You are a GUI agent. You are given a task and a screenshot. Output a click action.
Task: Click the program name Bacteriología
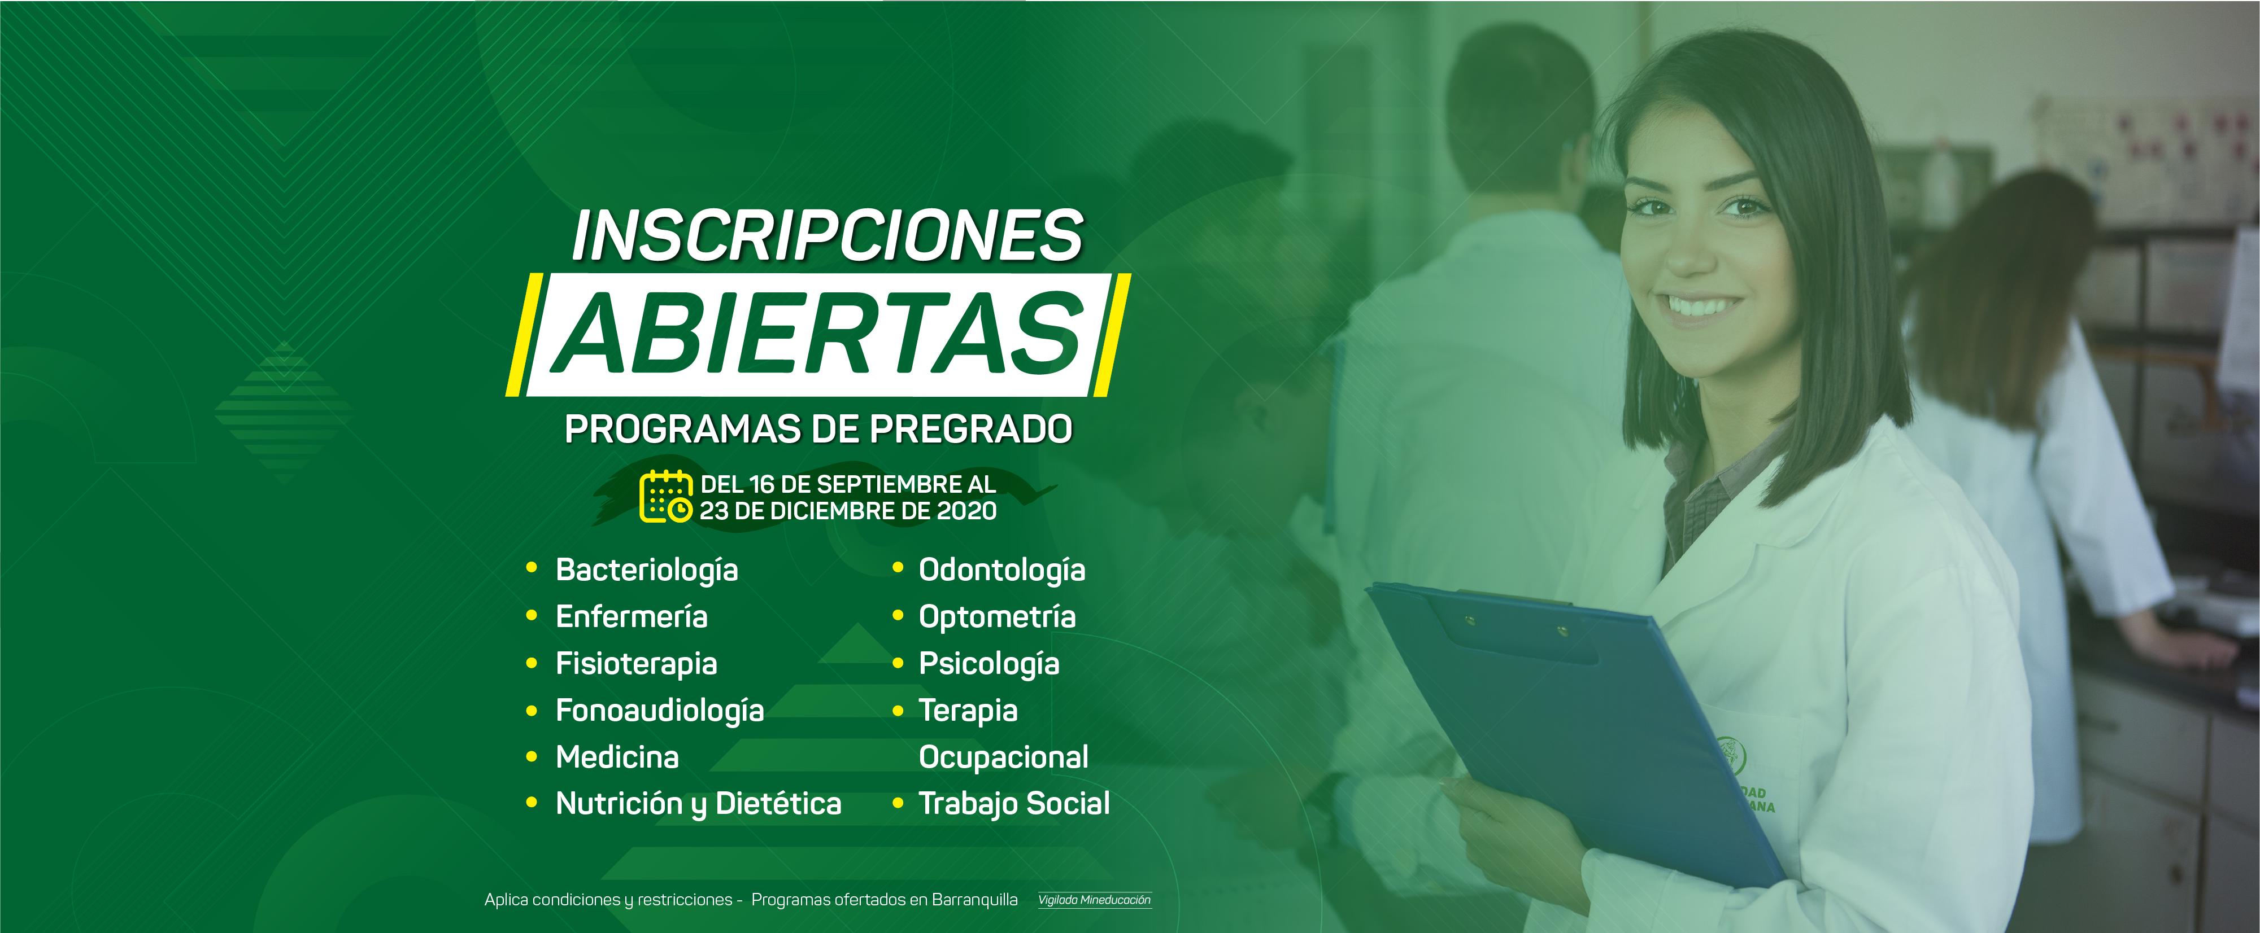(647, 571)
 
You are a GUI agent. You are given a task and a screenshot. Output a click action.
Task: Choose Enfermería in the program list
(632, 616)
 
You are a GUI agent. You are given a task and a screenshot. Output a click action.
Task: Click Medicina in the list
(617, 757)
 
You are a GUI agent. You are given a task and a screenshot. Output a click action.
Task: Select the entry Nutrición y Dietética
(698, 804)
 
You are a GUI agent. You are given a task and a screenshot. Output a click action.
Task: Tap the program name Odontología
(1002, 571)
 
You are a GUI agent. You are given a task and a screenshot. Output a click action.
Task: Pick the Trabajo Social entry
(1014, 804)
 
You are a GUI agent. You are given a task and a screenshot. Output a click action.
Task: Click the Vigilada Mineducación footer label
(1094, 900)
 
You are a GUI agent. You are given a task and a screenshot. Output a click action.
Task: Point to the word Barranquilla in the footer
(975, 900)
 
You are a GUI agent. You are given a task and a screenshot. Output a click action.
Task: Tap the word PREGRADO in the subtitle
(970, 430)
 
